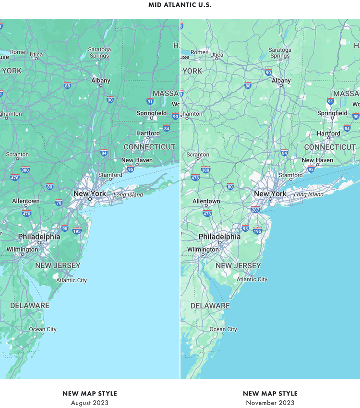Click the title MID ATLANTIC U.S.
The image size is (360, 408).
tap(180, 5)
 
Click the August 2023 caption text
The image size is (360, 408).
tap(90, 403)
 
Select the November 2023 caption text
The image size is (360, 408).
tap(270, 403)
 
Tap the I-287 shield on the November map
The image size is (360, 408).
tap(255, 210)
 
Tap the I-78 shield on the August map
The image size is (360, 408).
tap(59, 203)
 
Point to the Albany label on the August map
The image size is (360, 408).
tap(101, 81)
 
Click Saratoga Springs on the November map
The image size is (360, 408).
tap(279, 52)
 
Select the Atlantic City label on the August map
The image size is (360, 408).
tap(72, 280)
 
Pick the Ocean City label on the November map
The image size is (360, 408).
tap(223, 329)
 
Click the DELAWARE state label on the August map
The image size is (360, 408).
tap(30, 306)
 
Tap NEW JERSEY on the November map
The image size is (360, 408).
tap(238, 265)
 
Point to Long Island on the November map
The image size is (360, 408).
tap(309, 194)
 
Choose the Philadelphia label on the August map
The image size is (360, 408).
tap(39, 237)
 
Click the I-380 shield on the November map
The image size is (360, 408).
tap(206, 170)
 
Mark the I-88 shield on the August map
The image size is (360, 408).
tap(67, 86)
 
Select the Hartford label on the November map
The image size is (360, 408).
tap(329, 133)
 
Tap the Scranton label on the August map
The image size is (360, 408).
tap(17, 155)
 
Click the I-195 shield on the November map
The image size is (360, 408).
tap(258, 231)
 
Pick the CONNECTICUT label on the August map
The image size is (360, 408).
tap(150, 147)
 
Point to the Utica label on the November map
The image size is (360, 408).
tap(217, 55)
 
